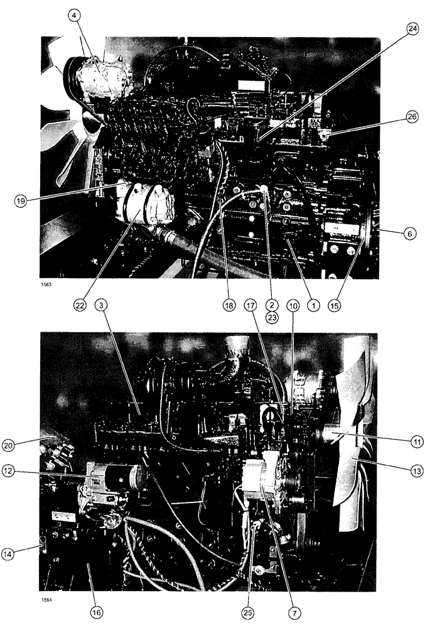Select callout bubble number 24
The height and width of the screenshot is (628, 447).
click(412, 30)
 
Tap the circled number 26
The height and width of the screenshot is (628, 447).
click(412, 117)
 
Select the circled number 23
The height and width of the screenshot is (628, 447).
click(272, 318)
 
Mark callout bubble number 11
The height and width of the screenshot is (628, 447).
click(417, 441)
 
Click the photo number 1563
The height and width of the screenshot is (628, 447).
click(45, 284)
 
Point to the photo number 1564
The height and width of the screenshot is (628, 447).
click(45, 598)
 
